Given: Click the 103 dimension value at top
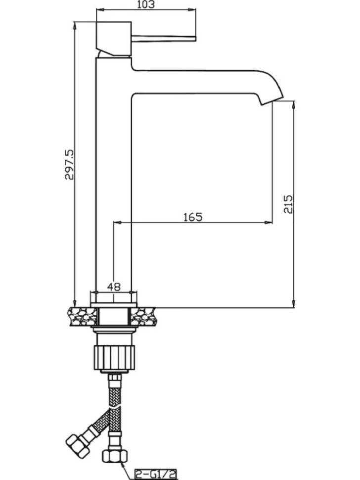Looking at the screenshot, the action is (146, 4).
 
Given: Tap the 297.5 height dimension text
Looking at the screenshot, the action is (69, 165).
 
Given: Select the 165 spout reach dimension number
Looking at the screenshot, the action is (193, 217).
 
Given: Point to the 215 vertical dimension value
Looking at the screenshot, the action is (288, 204).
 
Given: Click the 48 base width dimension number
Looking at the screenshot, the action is (114, 287).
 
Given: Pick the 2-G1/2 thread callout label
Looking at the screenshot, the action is (156, 475).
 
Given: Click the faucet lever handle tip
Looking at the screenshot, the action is (194, 39).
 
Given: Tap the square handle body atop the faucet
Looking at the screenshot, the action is (114, 39).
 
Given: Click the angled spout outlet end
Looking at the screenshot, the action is (272, 101).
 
